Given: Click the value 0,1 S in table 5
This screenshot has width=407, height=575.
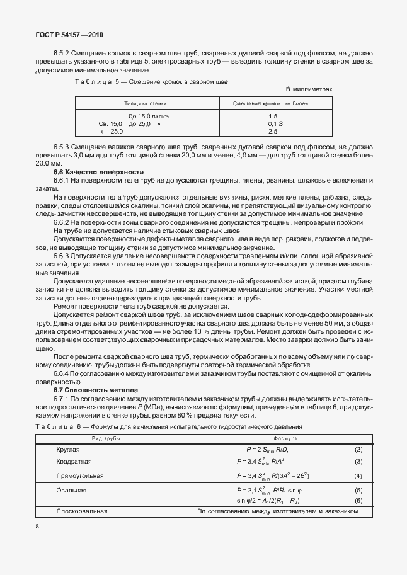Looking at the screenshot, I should tap(273, 124).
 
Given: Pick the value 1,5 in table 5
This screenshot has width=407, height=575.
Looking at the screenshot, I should tap(273, 117).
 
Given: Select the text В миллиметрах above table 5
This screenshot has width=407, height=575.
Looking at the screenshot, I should tap(309, 89).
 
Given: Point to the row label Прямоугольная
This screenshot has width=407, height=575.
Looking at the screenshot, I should tap(79, 476).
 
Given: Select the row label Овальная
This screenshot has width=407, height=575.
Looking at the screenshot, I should tap(71, 489).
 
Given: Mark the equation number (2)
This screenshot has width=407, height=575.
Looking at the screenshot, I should tap(358, 450).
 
